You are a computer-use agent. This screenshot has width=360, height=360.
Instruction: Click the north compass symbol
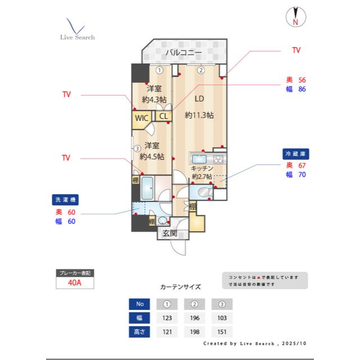pos(295,17)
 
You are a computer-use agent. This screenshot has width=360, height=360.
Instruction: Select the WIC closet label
pos(141,119)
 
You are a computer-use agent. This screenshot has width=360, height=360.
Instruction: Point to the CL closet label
pos(163,116)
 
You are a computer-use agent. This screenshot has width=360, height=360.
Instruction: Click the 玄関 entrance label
pos(170,233)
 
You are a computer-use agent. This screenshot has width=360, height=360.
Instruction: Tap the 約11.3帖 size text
pos(199,115)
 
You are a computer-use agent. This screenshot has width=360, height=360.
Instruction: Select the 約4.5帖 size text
pos(152,156)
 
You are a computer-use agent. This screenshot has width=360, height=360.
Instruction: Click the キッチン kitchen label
pos(201,168)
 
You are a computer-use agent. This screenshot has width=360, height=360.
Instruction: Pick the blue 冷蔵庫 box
pos(296,153)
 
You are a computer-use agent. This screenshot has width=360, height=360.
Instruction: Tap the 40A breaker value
pos(74,283)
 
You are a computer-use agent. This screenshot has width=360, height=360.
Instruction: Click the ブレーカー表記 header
pos(74,273)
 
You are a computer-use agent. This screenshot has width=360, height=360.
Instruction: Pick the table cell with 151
pos(222,332)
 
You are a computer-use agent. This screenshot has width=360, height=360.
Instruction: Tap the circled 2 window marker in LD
pos(200,70)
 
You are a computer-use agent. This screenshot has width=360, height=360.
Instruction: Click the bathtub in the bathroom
pos(148,187)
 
